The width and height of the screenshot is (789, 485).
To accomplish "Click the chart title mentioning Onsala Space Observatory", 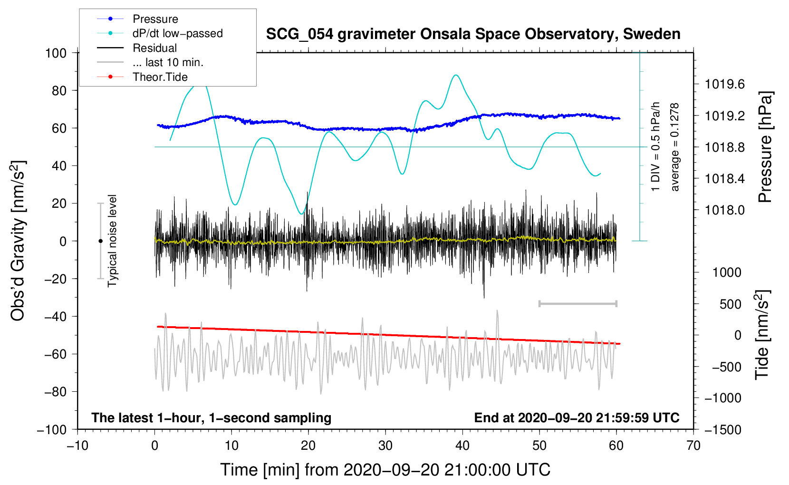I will tap(473, 34).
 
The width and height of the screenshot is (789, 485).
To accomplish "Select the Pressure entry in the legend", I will tap(155, 19).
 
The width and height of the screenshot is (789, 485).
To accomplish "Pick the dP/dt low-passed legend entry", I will tap(177, 33).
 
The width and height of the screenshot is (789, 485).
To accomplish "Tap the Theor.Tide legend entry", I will tap(160, 77).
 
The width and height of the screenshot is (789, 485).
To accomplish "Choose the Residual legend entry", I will tap(154, 48).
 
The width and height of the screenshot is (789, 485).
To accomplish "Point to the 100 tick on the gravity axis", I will tap(56, 53).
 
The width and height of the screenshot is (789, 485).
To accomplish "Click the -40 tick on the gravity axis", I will tap(56, 316).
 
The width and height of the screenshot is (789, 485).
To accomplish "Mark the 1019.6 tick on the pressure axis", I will tap(724, 84).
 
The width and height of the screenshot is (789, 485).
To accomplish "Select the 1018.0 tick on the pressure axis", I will tap(724, 210).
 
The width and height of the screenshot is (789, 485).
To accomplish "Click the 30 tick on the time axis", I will tap(385, 446).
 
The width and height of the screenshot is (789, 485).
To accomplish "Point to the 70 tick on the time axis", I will tap(693, 446).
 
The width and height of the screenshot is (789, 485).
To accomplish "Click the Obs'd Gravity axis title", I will tap(18, 241).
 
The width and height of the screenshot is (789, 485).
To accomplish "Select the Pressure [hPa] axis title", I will tap(765, 147).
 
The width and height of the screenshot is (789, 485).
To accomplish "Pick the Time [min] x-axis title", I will tap(385, 470).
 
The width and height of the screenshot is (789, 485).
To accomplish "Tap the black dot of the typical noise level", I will tap(100, 241).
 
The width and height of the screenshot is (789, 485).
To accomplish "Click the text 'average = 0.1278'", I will tap(675, 147).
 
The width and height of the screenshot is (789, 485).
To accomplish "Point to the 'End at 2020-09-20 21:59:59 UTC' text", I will tap(577, 417).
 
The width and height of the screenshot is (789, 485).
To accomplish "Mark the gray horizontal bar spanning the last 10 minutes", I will tap(577, 303).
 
